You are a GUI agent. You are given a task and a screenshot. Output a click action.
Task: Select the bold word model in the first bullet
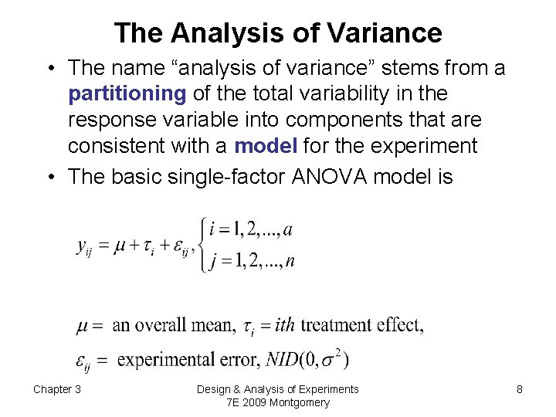[266, 146]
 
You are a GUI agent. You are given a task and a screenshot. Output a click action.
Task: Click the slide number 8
[520, 389]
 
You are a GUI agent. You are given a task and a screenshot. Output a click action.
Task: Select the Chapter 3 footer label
[57, 389]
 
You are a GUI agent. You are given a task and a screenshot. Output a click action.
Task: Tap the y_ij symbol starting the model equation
[85, 246]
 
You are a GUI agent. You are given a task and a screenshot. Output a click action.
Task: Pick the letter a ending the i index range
[288, 230]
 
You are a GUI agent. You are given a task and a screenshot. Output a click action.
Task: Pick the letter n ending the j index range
[290, 261]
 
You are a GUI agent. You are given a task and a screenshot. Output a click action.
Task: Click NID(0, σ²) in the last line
[307, 358]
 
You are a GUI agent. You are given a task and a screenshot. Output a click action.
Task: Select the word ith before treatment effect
[285, 325]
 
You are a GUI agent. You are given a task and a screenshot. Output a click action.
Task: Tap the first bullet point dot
[50, 69]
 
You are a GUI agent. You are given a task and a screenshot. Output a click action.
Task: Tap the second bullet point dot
[50, 176]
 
